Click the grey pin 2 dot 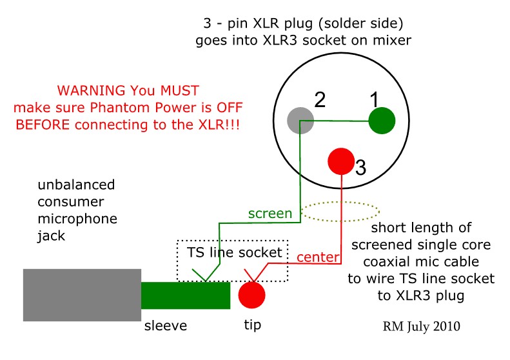click(300, 121)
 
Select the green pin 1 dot click(382, 121)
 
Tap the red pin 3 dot click(341, 161)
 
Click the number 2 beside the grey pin click(320, 99)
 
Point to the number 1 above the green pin click(375, 99)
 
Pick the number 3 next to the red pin click(360, 168)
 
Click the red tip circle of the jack click(251, 295)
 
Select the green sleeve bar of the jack click(186, 295)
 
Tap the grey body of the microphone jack click(82, 295)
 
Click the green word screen click(270, 214)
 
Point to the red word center click(318, 257)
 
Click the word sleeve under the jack click(166, 326)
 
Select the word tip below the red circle click(252, 325)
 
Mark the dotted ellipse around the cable click(340, 202)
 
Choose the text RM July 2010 click(421, 326)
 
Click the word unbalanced click(76, 185)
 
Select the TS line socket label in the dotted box click(234, 252)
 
